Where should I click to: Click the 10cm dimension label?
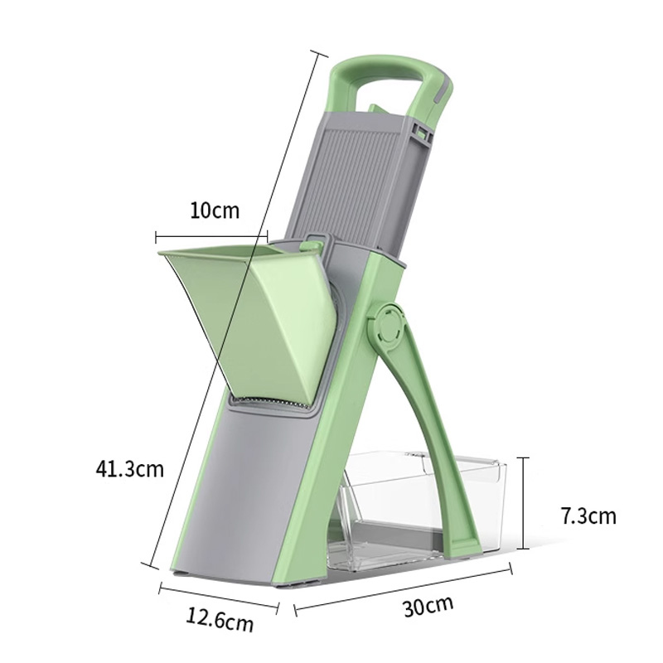215,211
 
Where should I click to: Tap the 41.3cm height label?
129,468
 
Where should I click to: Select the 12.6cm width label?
220,619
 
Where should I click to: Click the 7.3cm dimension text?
588,515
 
